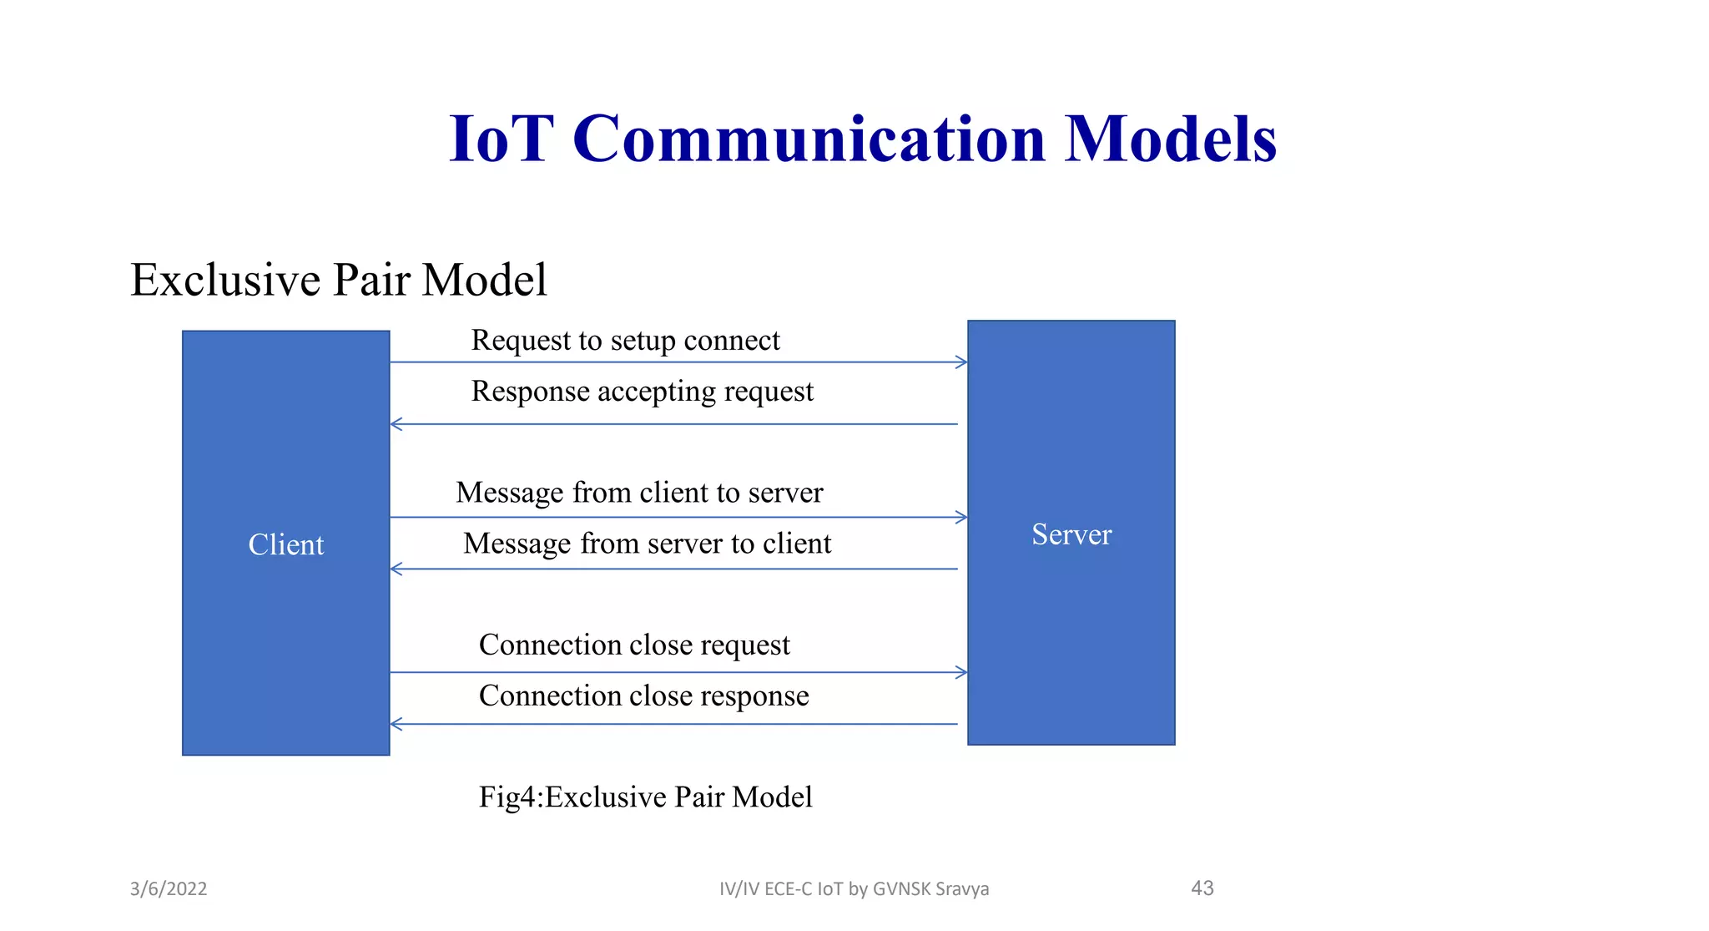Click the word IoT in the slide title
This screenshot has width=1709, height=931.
(501, 139)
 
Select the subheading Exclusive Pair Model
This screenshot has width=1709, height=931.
(338, 280)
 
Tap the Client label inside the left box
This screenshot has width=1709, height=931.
(285, 544)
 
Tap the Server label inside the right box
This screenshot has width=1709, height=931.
(1071, 534)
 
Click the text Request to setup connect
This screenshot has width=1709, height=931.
(625, 341)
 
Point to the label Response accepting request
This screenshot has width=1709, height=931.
(642, 392)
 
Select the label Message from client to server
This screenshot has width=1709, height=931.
(639, 493)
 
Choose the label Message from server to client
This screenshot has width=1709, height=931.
(647, 544)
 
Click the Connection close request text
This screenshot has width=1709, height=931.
(633, 645)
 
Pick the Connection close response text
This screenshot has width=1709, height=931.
(643, 696)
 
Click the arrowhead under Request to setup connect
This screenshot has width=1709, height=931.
(961, 362)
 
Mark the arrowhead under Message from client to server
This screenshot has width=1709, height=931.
(961, 518)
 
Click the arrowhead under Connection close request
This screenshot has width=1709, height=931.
(961, 672)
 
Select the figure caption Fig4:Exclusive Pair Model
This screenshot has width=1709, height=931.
(645, 797)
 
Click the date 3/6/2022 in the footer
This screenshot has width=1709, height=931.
(169, 888)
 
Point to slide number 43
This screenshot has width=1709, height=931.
(1202, 888)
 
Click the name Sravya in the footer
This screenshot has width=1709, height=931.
(961, 889)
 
